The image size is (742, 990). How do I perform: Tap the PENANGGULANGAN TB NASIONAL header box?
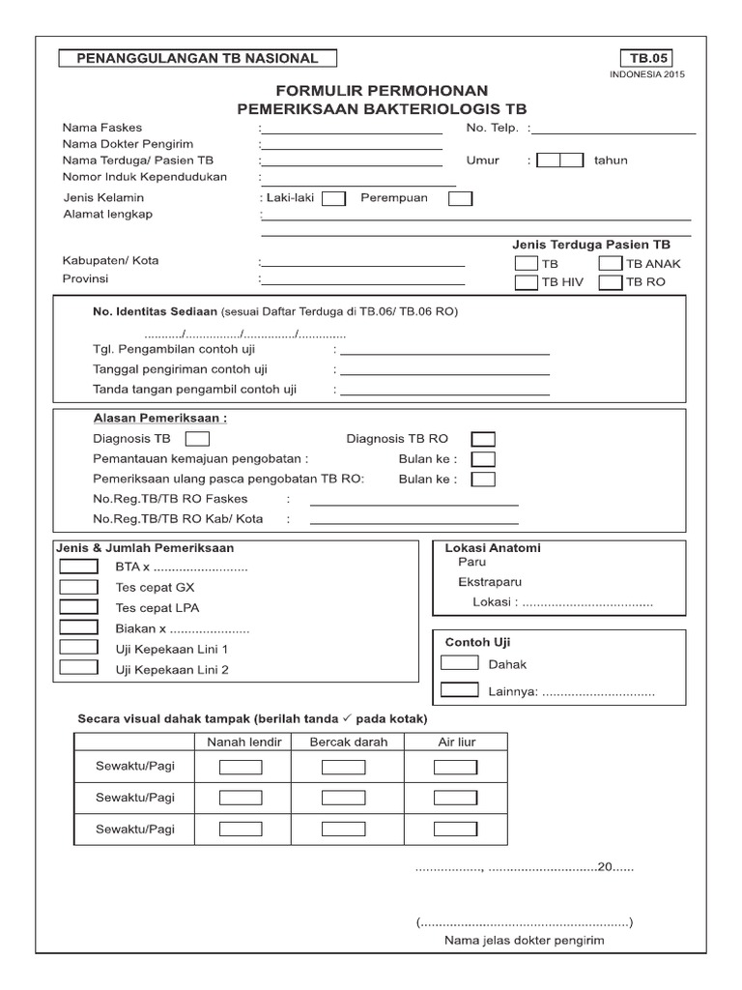(x=196, y=58)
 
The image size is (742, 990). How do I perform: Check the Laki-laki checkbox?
(x=333, y=198)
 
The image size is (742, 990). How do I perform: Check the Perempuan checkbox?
(x=461, y=198)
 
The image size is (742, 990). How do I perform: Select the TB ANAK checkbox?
(x=610, y=263)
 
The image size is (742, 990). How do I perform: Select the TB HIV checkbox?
(x=526, y=282)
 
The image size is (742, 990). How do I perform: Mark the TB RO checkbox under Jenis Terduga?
(x=610, y=282)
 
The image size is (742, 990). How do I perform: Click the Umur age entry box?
(x=560, y=160)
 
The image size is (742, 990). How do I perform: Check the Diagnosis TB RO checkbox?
(x=483, y=439)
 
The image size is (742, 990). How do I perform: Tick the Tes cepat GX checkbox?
(x=78, y=587)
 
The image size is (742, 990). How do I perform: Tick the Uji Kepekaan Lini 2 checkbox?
(x=78, y=668)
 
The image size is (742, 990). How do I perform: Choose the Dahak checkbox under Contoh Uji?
(x=459, y=663)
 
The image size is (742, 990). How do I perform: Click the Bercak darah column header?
(x=349, y=742)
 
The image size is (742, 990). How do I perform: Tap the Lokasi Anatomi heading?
(x=493, y=548)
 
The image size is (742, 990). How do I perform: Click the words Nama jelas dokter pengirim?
(x=524, y=940)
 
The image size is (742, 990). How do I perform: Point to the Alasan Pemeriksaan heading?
(x=160, y=419)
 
